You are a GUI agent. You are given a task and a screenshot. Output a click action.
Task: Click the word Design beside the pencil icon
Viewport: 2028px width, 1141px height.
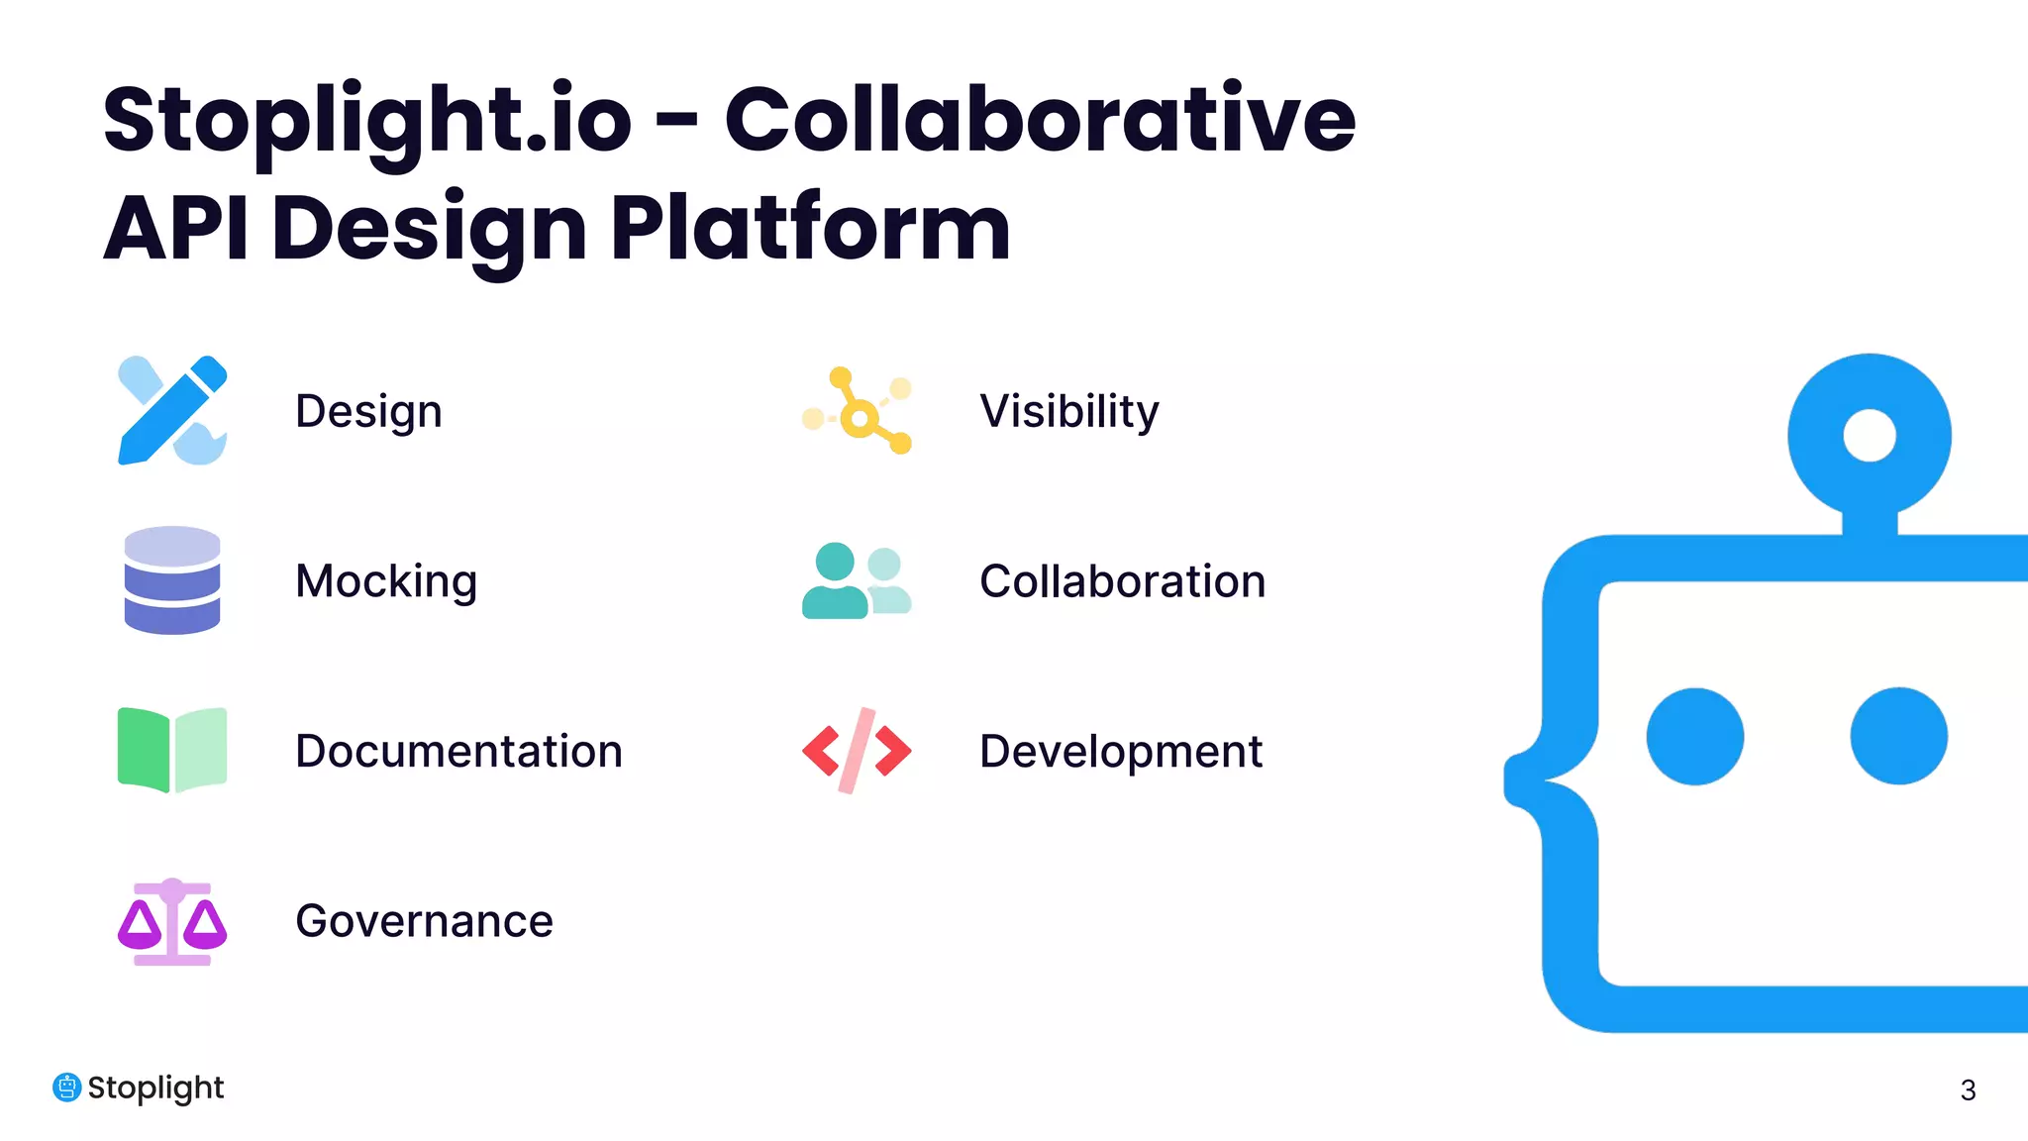[x=368, y=411]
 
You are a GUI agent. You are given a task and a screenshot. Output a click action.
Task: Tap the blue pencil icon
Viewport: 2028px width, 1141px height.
[x=172, y=410]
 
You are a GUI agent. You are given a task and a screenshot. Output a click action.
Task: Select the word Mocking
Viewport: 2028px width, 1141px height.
[x=386, y=581]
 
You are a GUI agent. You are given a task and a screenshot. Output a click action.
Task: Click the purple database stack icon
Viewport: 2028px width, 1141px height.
[x=172, y=580]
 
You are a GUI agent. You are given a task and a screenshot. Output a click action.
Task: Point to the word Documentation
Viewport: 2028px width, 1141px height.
[x=458, y=751]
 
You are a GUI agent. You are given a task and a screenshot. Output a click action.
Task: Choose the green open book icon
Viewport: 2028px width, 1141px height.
[x=172, y=750]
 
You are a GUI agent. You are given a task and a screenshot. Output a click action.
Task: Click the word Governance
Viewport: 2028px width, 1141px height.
[x=424, y=921]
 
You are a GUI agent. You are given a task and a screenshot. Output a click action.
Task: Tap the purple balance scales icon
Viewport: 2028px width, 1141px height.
[x=172, y=921]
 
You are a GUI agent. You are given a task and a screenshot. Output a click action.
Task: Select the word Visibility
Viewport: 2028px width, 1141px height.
[x=1068, y=411]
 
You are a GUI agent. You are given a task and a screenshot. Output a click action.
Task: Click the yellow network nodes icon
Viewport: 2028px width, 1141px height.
[x=858, y=411]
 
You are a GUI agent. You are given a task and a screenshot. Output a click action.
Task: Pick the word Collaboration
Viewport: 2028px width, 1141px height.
[x=1122, y=581]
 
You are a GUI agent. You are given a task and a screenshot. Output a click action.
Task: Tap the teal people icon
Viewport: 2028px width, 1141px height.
[x=857, y=581]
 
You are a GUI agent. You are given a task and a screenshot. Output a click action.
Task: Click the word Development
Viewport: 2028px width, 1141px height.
[x=1120, y=751]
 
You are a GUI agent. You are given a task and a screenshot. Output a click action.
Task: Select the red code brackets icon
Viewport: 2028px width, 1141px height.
[x=857, y=751]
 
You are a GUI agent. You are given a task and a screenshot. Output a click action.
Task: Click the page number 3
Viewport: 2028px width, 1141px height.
[x=1968, y=1090]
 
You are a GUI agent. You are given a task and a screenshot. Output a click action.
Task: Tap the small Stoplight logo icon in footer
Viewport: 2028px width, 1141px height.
[x=66, y=1088]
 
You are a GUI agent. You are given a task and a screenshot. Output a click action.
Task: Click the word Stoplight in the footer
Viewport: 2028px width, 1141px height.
[x=155, y=1088]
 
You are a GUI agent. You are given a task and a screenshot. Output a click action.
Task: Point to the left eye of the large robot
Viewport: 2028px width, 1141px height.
[x=1694, y=737]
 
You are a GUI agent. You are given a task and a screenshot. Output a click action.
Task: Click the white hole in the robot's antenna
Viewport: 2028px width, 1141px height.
[x=1870, y=435]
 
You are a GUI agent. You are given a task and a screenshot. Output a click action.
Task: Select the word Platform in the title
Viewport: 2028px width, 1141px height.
[x=810, y=229]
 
